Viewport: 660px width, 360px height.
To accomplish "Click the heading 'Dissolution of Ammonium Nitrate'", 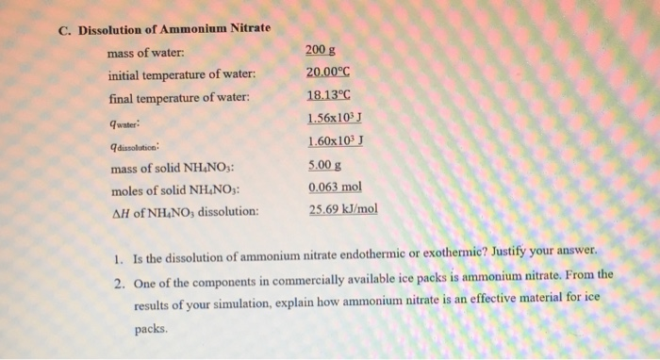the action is click(174, 28).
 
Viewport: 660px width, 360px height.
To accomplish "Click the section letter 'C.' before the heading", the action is click(63, 28).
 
